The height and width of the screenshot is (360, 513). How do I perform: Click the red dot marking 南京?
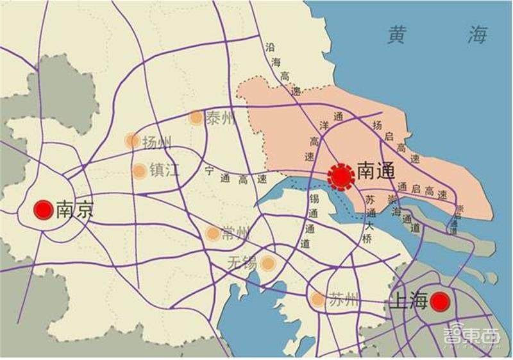click(x=43, y=209)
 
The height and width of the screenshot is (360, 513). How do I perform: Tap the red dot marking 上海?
click(x=440, y=301)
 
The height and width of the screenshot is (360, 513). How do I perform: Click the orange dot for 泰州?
click(x=196, y=117)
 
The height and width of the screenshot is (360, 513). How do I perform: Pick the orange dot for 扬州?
click(x=132, y=140)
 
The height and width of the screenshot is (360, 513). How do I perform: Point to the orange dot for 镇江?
click(x=139, y=171)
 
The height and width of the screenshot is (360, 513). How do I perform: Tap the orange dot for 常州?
click(x=212, y=234)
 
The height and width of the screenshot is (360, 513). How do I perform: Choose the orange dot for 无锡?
click(x=267, y=262)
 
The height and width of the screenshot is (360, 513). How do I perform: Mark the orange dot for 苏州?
click(x=317, y=299)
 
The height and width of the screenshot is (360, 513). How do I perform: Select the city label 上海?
click(x=409, y=301)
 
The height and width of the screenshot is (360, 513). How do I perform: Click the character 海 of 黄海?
click(x=477, y=36)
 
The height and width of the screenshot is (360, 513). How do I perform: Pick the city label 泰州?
click(x=221, y=118)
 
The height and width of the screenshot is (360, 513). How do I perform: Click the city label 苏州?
click(x=341, y=300)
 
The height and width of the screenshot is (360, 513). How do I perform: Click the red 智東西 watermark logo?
click(x=471, y=336)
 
